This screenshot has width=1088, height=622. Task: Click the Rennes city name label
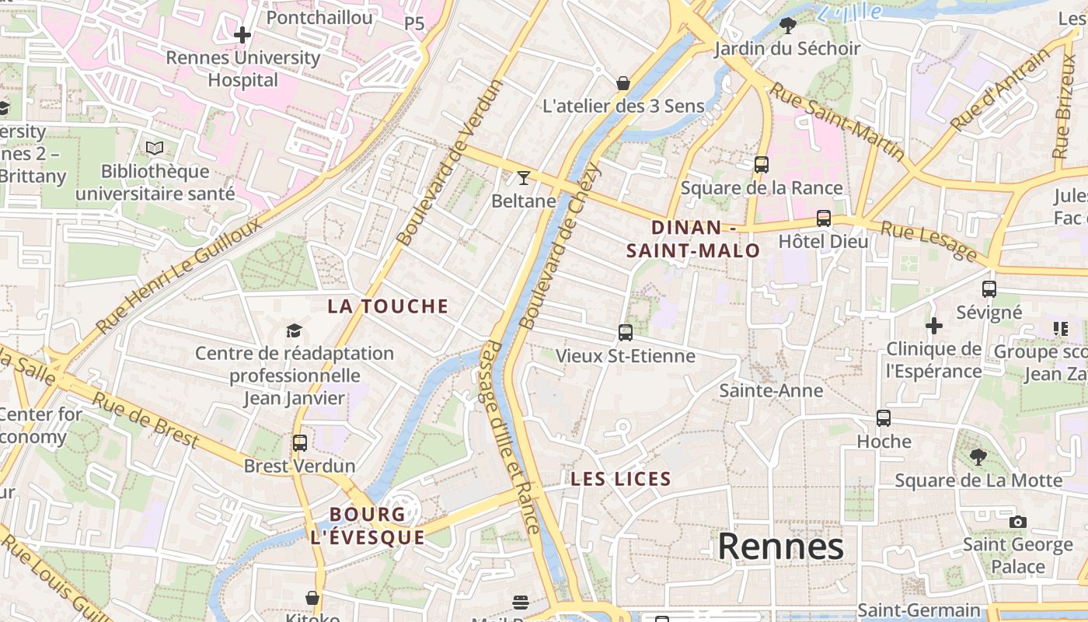(x=780, y=547)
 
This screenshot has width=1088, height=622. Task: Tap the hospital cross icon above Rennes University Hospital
(x=242, y=35)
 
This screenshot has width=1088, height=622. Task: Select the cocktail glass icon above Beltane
(x=523, y=178)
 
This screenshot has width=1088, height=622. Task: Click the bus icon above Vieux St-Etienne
(x=626, y=333)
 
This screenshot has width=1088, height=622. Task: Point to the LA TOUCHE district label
(x=388, y=306)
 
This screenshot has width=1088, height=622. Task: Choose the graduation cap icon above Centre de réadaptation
(x=294, y=331)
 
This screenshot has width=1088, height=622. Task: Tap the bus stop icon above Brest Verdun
(x=300, y=443)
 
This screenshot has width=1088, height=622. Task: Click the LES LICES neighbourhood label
(x=621, y=479)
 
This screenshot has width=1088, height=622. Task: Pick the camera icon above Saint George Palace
(x=1017, y=522)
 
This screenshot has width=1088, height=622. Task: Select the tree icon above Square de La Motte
(x=978, y=457)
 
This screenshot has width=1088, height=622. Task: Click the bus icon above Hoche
(x=884, y=418)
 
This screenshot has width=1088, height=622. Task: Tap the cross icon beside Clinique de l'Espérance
(x=934, y=325)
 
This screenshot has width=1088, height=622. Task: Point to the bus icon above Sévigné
(x=989, y=289)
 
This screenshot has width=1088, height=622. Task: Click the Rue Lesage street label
(x=929, y=240)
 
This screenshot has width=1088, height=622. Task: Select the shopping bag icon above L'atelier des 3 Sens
(x=622, y=83)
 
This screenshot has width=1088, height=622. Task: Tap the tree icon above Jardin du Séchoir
(x=787, y=26)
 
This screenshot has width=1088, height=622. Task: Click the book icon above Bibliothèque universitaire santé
(x=155, y=149)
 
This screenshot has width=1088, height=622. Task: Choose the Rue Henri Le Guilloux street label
(x=180, y=275)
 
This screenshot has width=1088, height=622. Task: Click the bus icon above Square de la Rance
(x=761, y=165)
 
